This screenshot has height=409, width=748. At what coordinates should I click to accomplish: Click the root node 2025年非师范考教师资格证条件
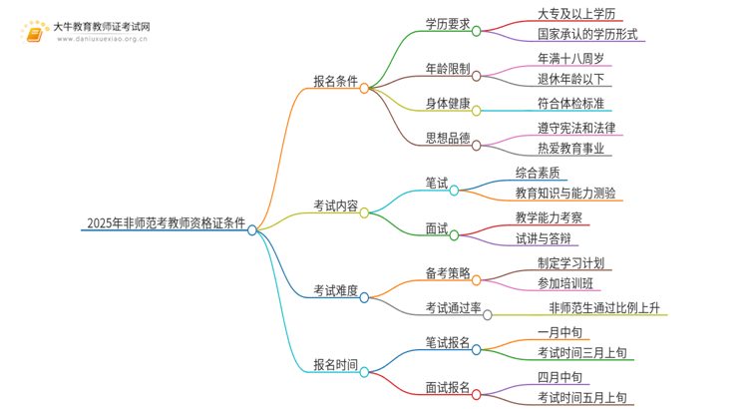[165, 222]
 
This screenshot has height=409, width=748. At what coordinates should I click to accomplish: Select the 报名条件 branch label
[336, 83]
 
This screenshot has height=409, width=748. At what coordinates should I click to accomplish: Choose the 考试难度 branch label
[336, 291]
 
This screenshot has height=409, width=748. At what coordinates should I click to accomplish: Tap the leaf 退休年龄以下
[570, 79]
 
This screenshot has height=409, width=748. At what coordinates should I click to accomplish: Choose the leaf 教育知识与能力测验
[564, 193]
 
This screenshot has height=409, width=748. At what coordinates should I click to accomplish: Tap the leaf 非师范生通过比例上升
[607, 307]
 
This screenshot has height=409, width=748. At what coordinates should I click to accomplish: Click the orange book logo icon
[35, 31]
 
